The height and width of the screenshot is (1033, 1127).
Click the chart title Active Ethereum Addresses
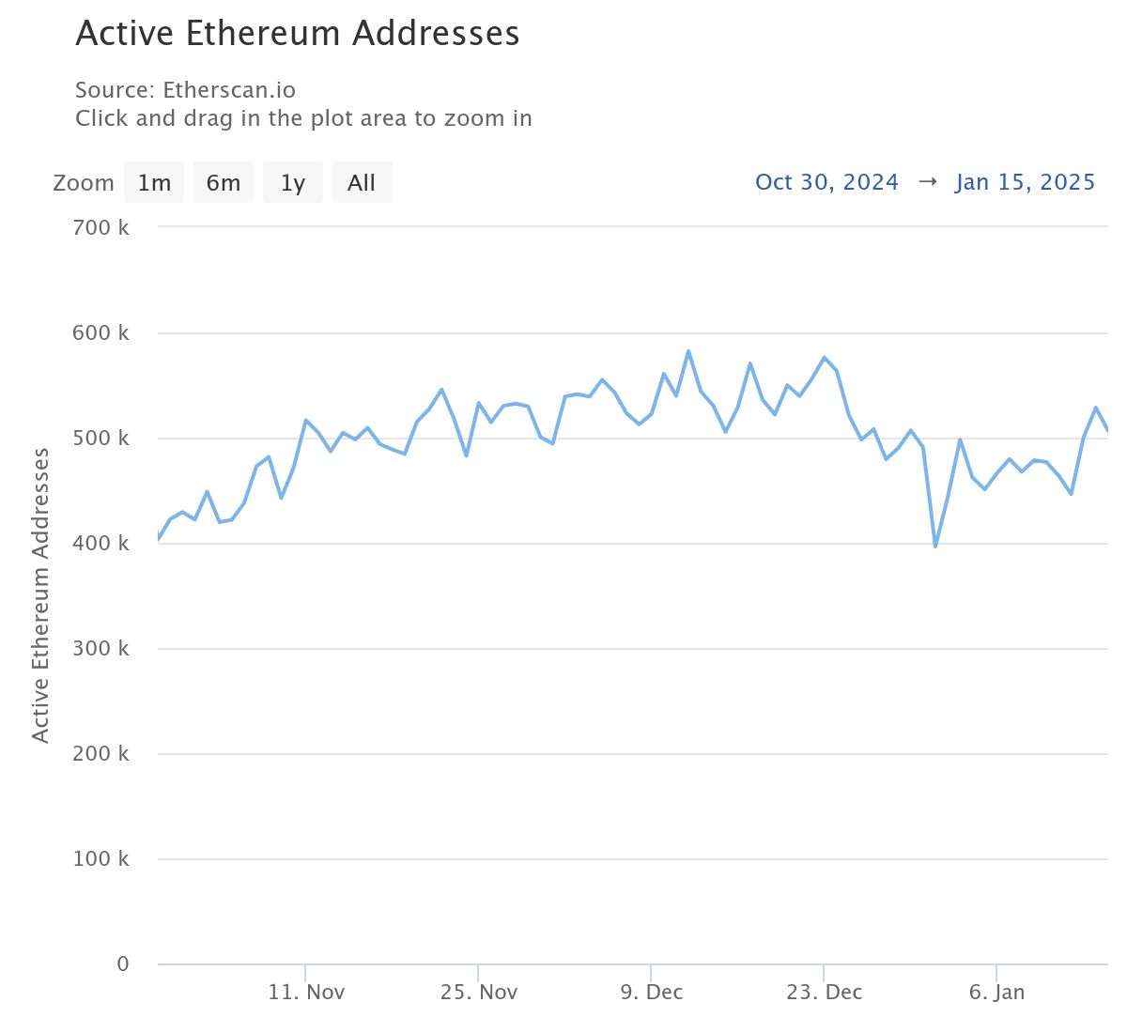pyautogui.click(x=297, y=34)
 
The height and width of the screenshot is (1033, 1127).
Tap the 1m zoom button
pyautogui.click(x=154, y=183)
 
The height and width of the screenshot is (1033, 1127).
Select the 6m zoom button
pyautogui.click(x=224, y=183)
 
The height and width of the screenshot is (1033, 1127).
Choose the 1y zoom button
pyautogui.click(x=293, y=183)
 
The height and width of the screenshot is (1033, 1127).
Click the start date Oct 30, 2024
pyautogui.click(x=826, y=182)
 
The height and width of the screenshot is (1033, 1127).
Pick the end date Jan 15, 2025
pyautogui.click(x=1025, y=182)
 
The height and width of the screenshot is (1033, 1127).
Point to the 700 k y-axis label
pyautogui.click(x=100, y=227)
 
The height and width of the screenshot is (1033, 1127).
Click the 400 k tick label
pyautogui.click(x=100, y=543)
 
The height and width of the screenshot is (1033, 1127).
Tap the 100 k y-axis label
pyautogui.click(x=100, y=858)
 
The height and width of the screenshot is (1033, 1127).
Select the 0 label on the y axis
pyautogui.click(x=123, y=964)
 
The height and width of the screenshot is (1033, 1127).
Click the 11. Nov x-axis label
pyautogui.click(x=306, y=993)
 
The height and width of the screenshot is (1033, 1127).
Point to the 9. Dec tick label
pyautogui.click(x=651, y=993)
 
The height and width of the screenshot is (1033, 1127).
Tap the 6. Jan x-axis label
pyautogui.click(x=996, y=993)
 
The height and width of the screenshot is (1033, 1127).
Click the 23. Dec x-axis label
pyautogui.click(x=824, y=993)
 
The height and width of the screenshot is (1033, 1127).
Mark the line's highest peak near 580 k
pyautogui.click(x=688, y=351)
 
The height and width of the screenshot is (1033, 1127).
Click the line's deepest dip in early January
pyautogui.click(x=935, y=546)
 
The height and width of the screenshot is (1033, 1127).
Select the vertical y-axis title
pyautogui.click(x=40, y=595)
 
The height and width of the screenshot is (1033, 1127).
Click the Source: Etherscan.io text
pyautogui.click(x=185, y=90)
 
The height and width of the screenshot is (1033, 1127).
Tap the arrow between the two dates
pyautogui.click(x=927, y=182)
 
